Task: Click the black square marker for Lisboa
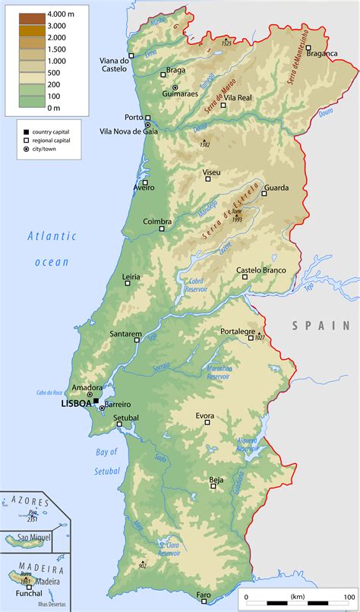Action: (96, 401)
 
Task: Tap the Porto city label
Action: (134, 118)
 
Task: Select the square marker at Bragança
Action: (308, 48)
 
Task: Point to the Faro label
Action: (203, 595)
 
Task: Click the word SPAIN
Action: (321, 325)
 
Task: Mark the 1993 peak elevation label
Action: (237, 219)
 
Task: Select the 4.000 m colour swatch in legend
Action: (33, 16)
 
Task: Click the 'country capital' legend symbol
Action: (27, 132)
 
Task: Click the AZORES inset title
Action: (30, 503)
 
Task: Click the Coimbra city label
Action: (157, 222)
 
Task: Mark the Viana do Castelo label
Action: (114, 65)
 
